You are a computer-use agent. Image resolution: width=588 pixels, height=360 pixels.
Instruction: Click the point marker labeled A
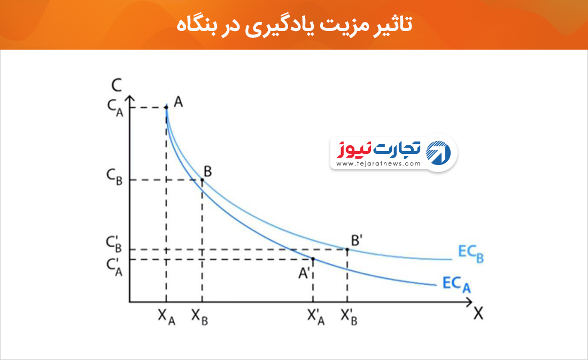[x=166, y=107]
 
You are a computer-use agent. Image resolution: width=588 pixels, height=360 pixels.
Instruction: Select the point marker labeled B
[x=202, y=180]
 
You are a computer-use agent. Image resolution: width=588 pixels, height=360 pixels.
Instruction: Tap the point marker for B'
[x=347, y=249]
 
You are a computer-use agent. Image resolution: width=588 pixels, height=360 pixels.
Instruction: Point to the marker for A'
[x=313, y=259]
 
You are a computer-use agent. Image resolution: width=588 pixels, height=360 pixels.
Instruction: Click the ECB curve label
[x=470, y=254]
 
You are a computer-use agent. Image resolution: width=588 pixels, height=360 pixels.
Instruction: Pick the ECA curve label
[x=457, y=284]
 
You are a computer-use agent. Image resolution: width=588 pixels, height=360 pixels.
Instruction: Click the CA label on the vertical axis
[x=115, y=107]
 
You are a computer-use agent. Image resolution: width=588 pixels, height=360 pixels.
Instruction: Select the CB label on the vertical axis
[x=115, y=177]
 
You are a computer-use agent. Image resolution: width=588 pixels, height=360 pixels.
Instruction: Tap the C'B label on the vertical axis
[x=114, y=244]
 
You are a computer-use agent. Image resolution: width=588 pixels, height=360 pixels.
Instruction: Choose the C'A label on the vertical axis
[x=114, y=268]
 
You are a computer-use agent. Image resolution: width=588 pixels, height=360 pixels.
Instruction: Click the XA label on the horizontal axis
[x=166, y=317]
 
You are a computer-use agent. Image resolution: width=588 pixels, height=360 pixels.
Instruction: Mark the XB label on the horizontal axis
[x=199, y=317]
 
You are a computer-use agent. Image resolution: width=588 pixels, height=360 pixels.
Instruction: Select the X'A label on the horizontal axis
[x=316, y=317]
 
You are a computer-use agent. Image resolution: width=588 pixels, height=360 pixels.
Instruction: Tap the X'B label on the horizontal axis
[x=349, y=317]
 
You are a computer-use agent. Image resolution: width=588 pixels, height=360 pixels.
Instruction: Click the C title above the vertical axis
[x=117, y=85]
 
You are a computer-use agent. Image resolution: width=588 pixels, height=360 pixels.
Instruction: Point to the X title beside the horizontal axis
[x=478, y=314]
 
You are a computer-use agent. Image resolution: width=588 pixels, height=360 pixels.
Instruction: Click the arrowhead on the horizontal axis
[x=469, y=302]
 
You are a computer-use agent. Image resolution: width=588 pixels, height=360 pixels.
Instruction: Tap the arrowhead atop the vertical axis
[x=129, y=99]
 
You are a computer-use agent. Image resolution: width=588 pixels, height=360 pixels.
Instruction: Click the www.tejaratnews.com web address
[x=378, y=163]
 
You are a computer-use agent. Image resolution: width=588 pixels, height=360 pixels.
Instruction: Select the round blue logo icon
[x=438, y=152]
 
